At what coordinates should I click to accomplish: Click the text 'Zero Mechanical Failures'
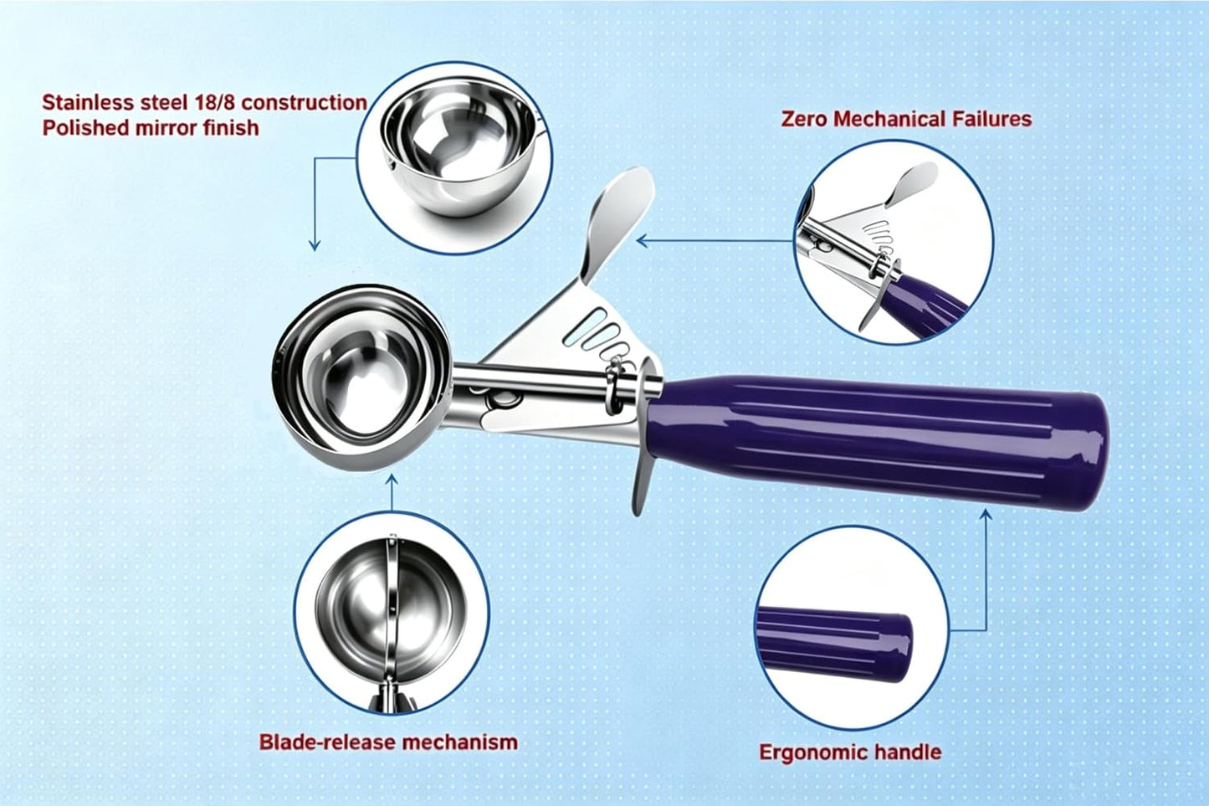[x=906, y=120]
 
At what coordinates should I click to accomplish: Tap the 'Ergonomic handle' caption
[x=850, y=752]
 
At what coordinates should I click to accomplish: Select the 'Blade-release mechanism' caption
[x=388, y=742]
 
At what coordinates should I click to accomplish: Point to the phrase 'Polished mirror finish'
[x=151, y=128]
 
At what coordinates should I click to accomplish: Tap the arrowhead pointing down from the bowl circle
[x=314, y=245]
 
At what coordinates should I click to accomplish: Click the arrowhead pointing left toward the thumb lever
[x=643, y=241]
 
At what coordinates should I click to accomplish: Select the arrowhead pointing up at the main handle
[x=986, y=515]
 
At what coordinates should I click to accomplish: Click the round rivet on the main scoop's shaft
[x=501, y=399]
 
